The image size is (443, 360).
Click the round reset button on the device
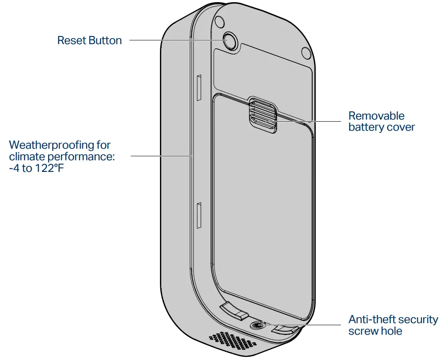coord(231,41)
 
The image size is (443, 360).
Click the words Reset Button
coord(90,41)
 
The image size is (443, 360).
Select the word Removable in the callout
coord(376,116)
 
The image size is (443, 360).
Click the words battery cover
coord(381,127)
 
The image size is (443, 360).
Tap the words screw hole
coord(375,331)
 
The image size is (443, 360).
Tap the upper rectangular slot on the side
coord(199,88)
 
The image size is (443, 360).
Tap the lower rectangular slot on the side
coord(199,216)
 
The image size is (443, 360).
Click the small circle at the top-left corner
coord(219,21)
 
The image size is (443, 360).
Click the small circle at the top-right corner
coord(306,52)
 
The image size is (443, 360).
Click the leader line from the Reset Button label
coord(172,40)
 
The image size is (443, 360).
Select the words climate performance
coord(62,156)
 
